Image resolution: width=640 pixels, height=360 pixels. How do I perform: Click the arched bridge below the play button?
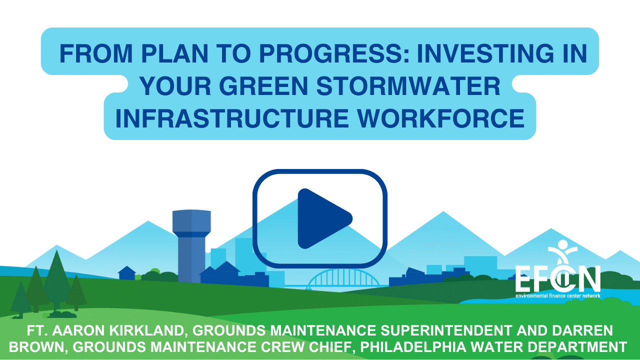tap(343, 279)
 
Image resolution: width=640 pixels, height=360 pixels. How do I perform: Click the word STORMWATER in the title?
tap(408, 86)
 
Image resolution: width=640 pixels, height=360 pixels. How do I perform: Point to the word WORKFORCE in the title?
tap(441, 118)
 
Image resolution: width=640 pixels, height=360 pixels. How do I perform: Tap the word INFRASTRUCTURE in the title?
tap(231, 118)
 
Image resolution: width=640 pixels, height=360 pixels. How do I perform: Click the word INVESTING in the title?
tap(485, 53)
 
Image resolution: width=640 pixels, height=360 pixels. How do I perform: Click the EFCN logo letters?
tap(557, 278)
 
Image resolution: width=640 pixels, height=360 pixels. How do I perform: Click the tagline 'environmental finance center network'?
tap(557, 295)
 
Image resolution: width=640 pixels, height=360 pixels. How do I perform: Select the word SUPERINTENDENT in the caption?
tap(446, 330)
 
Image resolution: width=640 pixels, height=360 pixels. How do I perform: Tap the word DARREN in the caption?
tap(582, 330)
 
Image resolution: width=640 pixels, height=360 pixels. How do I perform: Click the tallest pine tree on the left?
tap(56, 280)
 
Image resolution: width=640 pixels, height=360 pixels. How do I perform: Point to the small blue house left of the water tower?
tap(127, 273)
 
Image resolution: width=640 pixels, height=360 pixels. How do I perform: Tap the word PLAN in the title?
tap(175, 53)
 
